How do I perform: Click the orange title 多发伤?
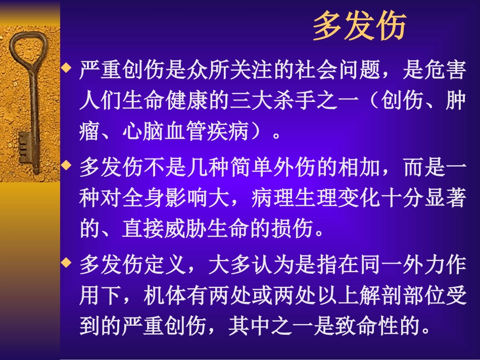click(x=359, y=27)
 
